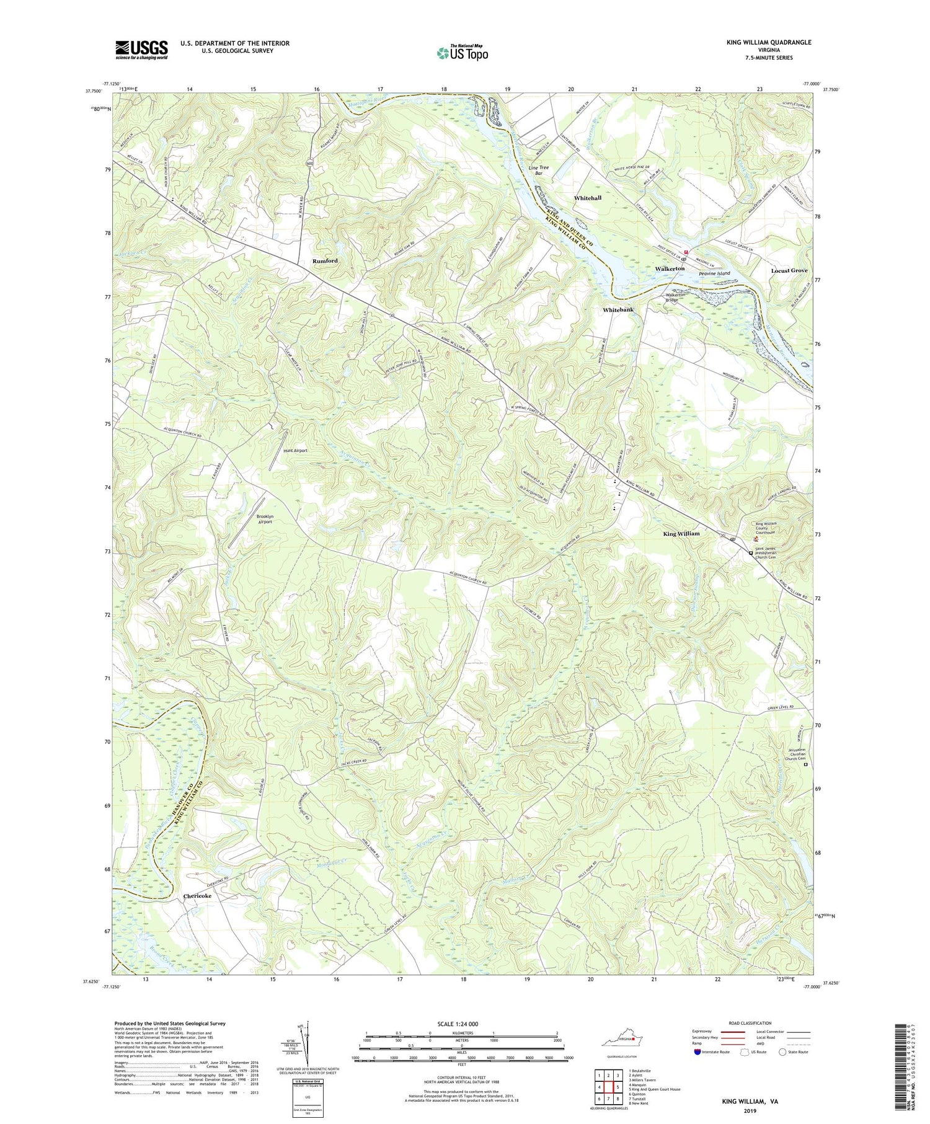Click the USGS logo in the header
[141, 50]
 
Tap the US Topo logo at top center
[463, 53]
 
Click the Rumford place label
[325, 261]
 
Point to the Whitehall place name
[587, 198]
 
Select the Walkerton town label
[670, 269]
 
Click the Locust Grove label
[789, 271]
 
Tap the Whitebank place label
[618, 309]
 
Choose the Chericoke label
[197, 896]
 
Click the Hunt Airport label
[295, 451]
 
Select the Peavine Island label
[714, 273]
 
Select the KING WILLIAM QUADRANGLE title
[760, 42]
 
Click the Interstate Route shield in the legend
[697, 1051]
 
